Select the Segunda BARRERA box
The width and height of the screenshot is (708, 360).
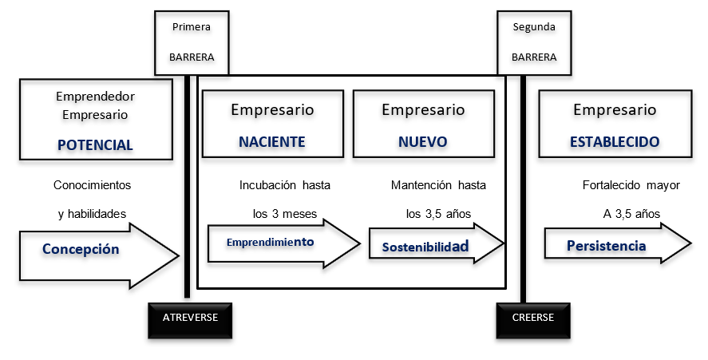533,42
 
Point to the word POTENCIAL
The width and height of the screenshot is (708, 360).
95,144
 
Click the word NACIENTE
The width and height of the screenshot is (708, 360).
271,142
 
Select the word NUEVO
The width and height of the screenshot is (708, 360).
422,142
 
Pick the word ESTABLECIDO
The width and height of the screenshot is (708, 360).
615,142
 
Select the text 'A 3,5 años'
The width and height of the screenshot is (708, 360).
631,213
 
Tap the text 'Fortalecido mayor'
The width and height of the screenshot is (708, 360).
631,185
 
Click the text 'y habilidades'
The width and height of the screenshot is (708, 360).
93,213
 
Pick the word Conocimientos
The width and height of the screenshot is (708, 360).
93,185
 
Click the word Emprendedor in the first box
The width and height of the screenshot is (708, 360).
95,97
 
